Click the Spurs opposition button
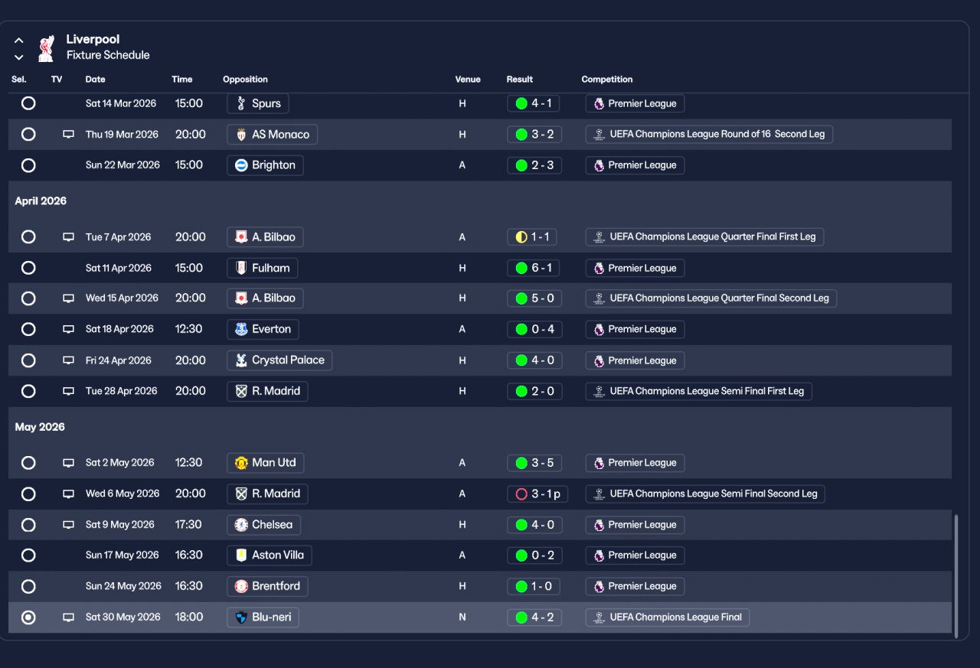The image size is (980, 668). (257, 103)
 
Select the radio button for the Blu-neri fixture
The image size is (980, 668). (28, 617)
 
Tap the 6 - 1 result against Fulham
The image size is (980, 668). (534, 268)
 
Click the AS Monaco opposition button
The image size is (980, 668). (272, 135)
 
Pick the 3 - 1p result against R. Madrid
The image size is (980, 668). (537, 494)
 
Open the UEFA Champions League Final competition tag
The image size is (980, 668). (667, 617)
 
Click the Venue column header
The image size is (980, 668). (468, 80)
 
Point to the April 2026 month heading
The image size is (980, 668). (41, 201)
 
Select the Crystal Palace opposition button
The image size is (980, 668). (279, 360)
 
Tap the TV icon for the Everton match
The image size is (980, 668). (68, 329)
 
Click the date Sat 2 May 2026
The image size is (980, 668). (119, 463)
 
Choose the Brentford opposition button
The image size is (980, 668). (267, 586)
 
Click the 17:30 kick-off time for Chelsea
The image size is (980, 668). (188, 525)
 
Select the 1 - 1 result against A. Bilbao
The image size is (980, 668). (531, 237)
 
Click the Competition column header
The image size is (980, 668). (606, 80)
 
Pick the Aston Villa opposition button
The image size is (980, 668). (269, 556)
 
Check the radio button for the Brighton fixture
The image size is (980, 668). (28, 165)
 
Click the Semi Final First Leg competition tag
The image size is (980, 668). (698, 391)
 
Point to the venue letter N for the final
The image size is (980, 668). (462, 617)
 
